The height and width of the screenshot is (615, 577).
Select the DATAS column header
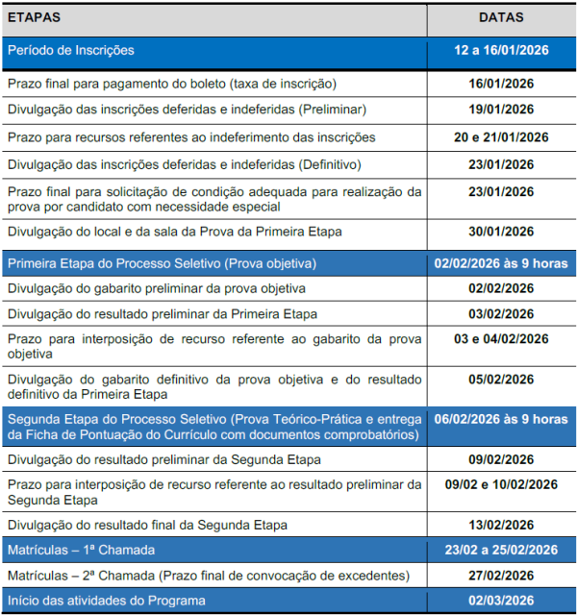pyautogui.click(x=500, y=17)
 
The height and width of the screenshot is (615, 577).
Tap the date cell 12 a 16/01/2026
pyautogui.click(x=500, y=50)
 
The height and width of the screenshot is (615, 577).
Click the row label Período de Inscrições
pyautogui.click(x=70, y=50)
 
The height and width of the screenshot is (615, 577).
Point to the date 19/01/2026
pyautogui.click(x=500, y=110)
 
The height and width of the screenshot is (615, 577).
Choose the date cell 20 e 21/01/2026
pyautogui.click(x=500, y=136)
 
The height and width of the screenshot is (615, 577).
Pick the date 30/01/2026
pyautogui.click(x=500, y=231)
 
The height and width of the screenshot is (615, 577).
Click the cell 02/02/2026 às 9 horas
pyautogui.click(x=500, y=262)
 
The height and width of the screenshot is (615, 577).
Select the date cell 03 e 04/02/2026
pyautogui.click(x=500, y=338)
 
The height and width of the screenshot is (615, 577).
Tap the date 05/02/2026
pyautogui.click(x=500, y=379)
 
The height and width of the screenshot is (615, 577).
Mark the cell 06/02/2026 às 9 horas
pyautogui.click(x=500, y=419)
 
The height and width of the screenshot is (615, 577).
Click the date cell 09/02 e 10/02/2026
pyautogui.click(x=500, y=484)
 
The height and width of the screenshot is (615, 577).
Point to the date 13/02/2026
pyautogui.click(x=500, y=525)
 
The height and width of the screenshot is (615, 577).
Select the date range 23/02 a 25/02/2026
pyautogui.click(x=500, y=551)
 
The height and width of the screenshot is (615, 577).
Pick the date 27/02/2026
pyautogui.click(x=500, y=576)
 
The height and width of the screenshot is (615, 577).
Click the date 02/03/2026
pyautogui.click(x=500, y=602)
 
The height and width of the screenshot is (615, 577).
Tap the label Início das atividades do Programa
pyautogui.click(x=106, y=602)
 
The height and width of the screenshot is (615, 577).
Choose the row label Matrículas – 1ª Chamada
pyautogui.click(x=81, y=551)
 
